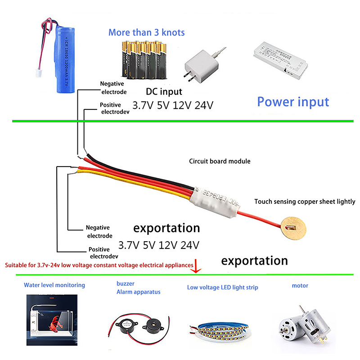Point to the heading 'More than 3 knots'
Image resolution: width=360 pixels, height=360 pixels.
(146, 32)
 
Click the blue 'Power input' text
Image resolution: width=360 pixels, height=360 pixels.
(293, 101)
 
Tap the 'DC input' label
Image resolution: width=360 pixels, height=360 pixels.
(164, 92)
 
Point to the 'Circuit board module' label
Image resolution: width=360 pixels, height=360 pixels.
(220, 161)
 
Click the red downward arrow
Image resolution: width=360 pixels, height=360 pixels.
(197, 266)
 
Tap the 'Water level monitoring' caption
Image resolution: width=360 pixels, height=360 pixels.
(54, 285)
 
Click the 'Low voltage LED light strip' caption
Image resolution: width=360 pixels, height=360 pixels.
(222, 287)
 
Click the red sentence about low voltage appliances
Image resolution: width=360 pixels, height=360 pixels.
(99, 265)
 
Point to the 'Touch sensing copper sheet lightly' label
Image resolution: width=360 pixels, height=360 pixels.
(305, 202)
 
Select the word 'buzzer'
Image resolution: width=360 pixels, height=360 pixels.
(125, 284)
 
